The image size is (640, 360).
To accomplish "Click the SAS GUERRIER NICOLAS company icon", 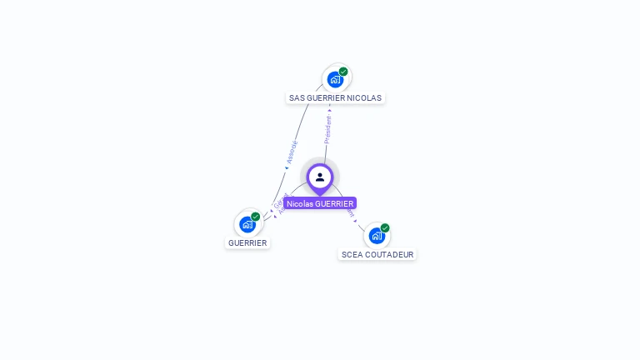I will pos(335,80).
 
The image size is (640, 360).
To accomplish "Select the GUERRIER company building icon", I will pos(247,224).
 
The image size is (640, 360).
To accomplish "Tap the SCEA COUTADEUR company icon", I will pos(377,236).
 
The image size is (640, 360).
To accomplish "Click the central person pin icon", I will pos(320,177).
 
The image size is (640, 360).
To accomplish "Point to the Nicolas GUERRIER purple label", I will pos(320,203).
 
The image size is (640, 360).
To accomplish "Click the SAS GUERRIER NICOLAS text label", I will pos(335,97).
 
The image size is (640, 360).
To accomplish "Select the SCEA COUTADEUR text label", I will pos(377,254).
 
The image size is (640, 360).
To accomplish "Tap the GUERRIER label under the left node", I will pos(247,243).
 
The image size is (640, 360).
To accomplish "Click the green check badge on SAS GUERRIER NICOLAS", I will pos(343,72).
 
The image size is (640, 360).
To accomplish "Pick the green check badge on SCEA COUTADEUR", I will pos(385,227).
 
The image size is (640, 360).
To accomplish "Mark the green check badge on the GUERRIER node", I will pos(256,217).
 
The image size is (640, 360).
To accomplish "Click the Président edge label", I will pos(327,130).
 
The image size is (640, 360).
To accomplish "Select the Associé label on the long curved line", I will pos(292,151).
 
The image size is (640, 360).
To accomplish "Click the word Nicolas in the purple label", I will pos(300,203).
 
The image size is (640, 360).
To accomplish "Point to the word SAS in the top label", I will pos(297,97).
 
